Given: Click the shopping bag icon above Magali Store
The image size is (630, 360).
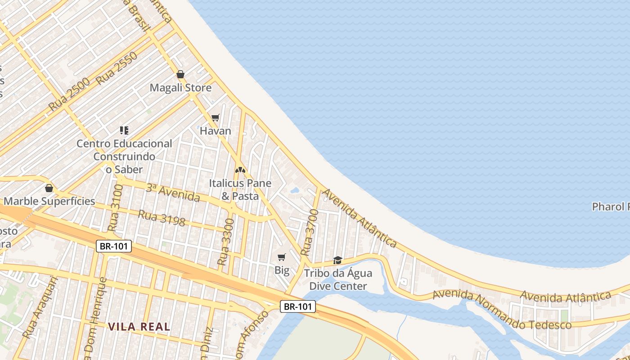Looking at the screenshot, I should click(180, 74).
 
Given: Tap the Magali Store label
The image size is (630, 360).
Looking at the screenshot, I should click(180, 88).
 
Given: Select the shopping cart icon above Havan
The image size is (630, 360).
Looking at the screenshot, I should click(216, 118).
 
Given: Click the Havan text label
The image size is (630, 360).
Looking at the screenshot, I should click(216, 131).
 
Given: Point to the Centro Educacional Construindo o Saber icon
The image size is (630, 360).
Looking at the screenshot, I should click(124, 130).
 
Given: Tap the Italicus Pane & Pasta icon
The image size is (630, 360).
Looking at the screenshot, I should click(240, 170).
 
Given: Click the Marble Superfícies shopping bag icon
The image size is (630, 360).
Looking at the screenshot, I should click(49, 188).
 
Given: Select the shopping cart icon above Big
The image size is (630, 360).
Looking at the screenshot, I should click(282, 257).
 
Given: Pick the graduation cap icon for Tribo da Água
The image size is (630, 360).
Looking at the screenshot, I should click(337, 260).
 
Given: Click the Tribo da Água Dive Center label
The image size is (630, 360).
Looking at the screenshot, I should click(338, 279).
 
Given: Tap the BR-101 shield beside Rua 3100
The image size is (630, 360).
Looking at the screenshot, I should click(114, 246).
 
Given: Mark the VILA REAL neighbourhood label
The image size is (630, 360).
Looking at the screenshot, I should click(139, 327).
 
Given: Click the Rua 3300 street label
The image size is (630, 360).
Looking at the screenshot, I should click(225, 242).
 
